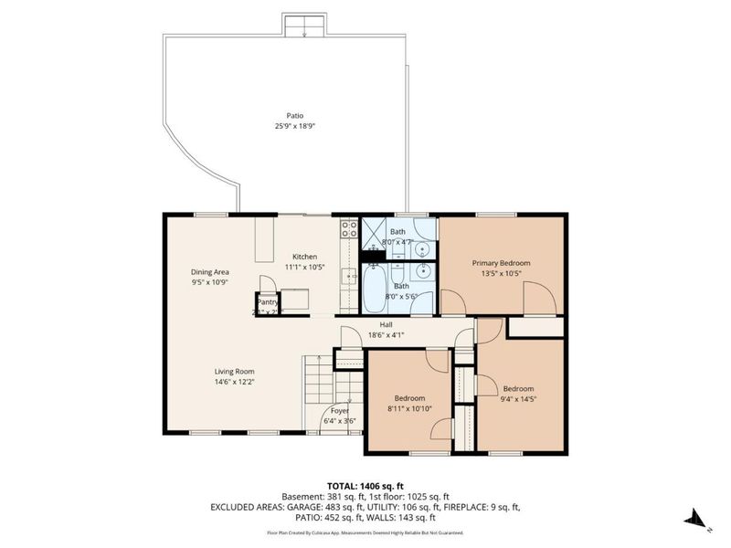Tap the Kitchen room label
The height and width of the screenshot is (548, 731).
click(304, 257)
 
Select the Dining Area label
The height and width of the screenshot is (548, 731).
click(209, 272)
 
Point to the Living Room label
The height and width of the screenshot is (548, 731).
click(234, 372)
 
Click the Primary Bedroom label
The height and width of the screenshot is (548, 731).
click(501, 263)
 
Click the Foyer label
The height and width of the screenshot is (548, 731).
click(340, 411)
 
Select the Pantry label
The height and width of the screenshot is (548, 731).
click(267, 302)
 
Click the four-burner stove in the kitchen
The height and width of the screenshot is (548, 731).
click(348, 229)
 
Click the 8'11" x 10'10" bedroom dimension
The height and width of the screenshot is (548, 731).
click(409, 408)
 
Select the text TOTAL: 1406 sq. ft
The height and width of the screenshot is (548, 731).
click(365, 485)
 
